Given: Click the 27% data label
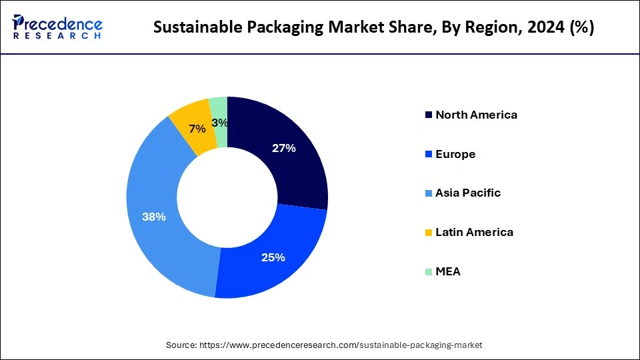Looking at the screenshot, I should click(x=283, y=149).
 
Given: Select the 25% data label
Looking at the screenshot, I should click(x=273, y=257).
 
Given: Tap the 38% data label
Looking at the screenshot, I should click(x=154, y=217).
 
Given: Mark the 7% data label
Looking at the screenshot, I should click(x=197, y=129).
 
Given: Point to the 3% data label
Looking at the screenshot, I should click(x=220, y=123).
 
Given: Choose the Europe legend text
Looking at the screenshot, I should click(x=455, y=154).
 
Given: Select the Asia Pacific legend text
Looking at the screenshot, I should click(x=468, y=193).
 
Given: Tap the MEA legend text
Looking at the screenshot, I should click(x=448, y=271).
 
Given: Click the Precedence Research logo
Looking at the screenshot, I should click(x=57, y=27).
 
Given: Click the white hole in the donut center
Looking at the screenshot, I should click(x=227, y=197).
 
